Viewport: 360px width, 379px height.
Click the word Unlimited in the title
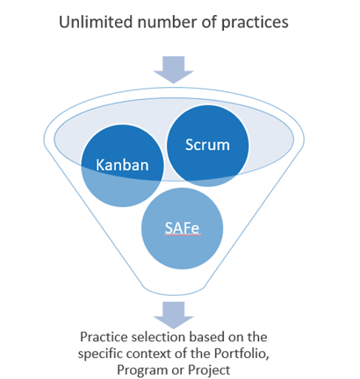96,22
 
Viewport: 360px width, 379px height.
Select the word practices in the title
255,24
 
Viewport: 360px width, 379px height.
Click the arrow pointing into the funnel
174,70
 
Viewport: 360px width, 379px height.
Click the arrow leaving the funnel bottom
174,315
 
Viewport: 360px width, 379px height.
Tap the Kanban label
122,165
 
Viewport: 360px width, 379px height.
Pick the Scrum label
207,145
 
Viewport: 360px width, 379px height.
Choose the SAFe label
182,228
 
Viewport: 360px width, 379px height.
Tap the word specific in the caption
99,354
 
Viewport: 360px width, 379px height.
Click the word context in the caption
150,354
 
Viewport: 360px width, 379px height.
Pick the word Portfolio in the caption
241,354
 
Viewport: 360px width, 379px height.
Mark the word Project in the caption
209,371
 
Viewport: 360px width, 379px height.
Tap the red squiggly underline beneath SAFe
184,235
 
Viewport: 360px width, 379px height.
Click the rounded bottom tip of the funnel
174,294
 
